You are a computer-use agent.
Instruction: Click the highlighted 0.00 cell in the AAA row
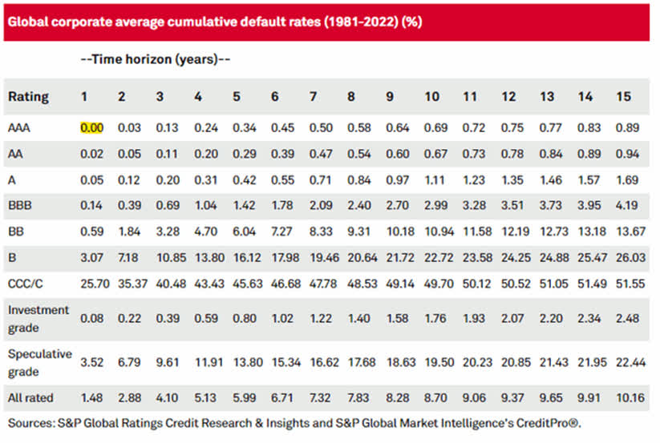[91, 126]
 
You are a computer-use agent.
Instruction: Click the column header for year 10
[431, 96]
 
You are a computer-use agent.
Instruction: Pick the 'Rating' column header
[28, 96]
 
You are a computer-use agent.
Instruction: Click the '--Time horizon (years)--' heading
[156, 58]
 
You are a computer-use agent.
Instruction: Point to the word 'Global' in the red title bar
[27, 21]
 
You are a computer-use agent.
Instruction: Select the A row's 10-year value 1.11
[431, 179]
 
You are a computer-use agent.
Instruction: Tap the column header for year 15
[623, 96]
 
